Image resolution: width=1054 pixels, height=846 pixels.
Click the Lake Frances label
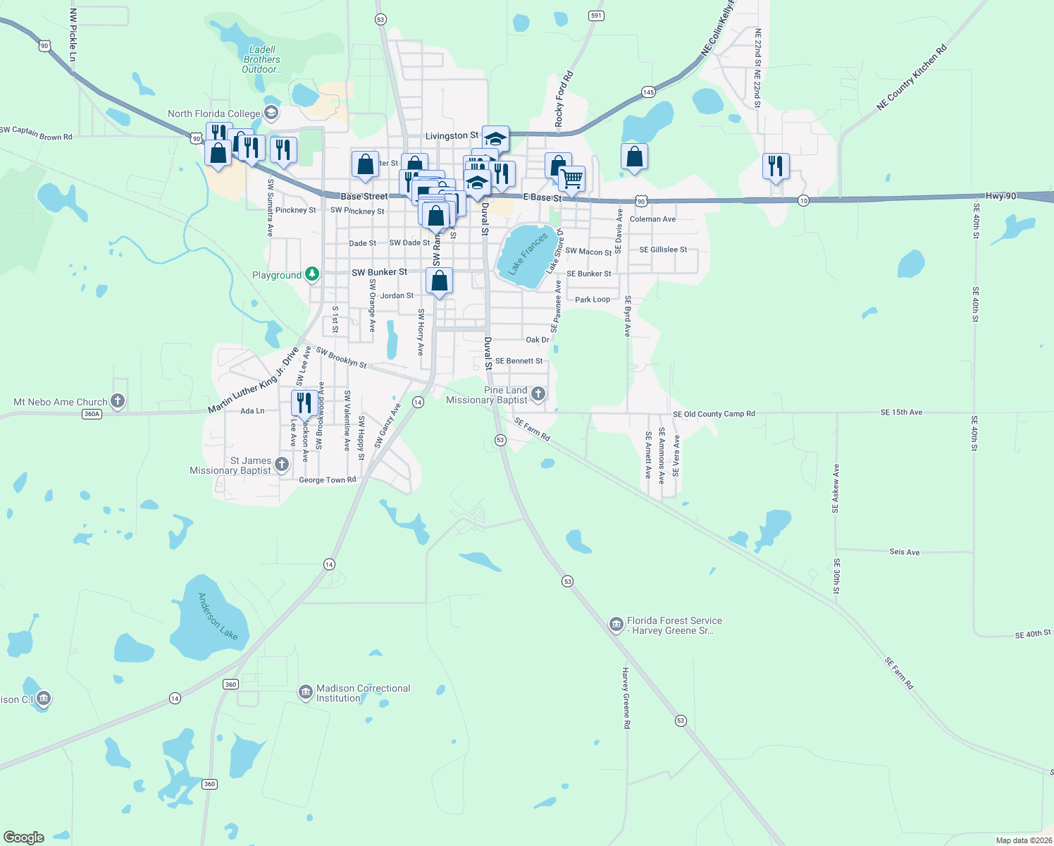coord(528,254)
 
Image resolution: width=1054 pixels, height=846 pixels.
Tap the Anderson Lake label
coord(217,616)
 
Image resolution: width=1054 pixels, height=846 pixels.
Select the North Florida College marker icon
coord(271,113)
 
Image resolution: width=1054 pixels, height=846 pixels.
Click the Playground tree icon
coord(312,274)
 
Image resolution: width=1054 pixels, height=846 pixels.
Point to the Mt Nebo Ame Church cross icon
coord(118,401)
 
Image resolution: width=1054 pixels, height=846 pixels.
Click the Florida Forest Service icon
coord(616,625)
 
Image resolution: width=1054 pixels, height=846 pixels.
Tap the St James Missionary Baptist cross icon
coord(282,464)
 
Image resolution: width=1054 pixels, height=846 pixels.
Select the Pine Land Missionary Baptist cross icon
coord(538,394)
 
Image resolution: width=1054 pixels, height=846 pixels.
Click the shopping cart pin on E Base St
coord(572,178)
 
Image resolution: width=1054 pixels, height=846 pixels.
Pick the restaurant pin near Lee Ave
coord(304,403)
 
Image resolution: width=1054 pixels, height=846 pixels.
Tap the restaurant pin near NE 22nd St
coord(776,166)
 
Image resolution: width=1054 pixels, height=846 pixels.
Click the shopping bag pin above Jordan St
coord(439,281)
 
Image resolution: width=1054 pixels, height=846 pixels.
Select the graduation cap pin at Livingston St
coord(495,138)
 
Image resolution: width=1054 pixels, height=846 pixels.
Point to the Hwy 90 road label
coord(1000,196)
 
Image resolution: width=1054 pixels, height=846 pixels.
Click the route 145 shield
coord(648,92)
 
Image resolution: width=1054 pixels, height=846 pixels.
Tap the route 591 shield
coord(597,16)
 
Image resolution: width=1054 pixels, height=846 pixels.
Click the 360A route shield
coord(92,414)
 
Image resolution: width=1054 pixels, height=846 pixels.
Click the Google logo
coord(24,837)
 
